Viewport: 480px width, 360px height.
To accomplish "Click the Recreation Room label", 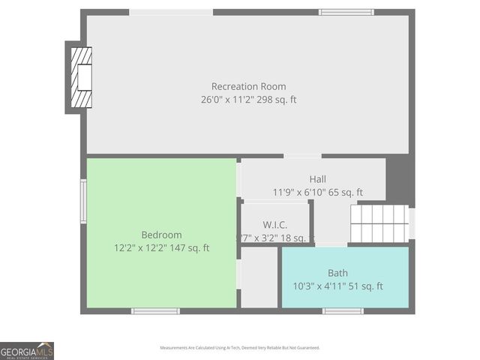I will (x=248, y=86).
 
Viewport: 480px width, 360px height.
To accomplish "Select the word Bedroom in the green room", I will (x=161, y=235).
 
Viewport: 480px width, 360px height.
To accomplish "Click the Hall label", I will (x=317, y=179).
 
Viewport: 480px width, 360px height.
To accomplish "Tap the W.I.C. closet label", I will (x=275, y=224).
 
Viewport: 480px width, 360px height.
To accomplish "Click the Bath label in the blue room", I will (x=337, y=273).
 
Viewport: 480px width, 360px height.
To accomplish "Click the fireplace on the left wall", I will (x=79, y=77).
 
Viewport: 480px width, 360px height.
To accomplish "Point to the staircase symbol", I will (x=379, y=223).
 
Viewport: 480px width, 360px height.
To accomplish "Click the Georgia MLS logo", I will (x=27, y=350).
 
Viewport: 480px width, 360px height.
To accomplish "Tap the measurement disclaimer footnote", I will (x=239, y=348).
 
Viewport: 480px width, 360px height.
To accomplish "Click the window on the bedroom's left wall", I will (x=84, y=201).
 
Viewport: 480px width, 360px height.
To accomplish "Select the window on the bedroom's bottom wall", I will (x=155, y=310).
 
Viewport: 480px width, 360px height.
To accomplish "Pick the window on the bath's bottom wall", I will (x=343, y=310).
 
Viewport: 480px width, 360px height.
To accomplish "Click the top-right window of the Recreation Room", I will (x=346, y=12).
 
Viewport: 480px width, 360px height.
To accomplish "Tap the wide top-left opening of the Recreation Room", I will (x=171, y=12).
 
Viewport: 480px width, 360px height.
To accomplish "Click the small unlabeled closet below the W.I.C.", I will (x=259, y=277).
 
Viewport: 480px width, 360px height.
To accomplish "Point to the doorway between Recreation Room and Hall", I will (x=302, y=156).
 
